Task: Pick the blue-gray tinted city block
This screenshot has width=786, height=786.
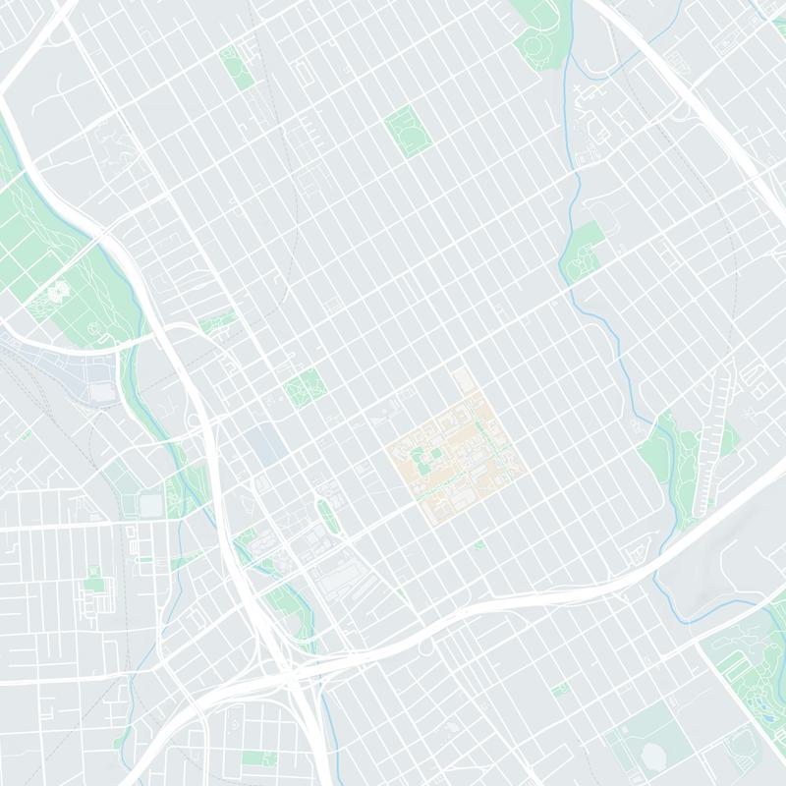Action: coord(266,443)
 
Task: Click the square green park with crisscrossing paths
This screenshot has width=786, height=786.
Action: coord(305,389)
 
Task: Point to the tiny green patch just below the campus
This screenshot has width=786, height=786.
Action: coord(479,543)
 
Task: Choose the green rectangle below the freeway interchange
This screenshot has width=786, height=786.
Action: coord(258,758)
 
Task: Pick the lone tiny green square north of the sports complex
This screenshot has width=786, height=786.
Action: coord(561,689)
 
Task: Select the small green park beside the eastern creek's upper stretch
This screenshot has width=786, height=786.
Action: coord(586,246)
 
